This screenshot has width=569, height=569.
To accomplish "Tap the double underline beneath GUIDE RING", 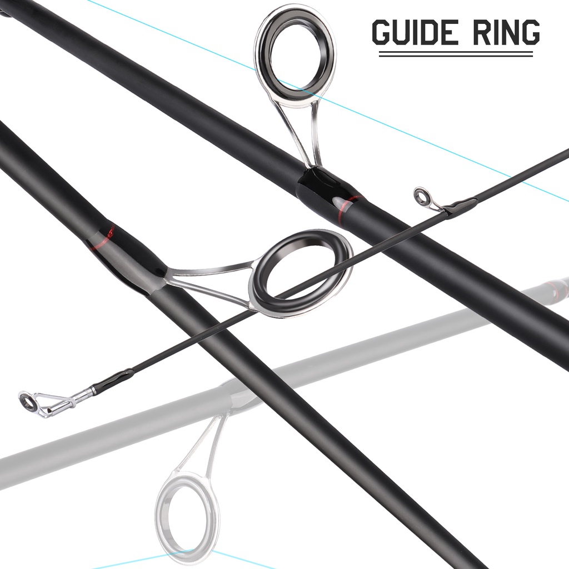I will pyautogui.click(x=456, y=54).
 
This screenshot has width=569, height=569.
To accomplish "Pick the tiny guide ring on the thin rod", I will pyautogui.click(x=422, y=196).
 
